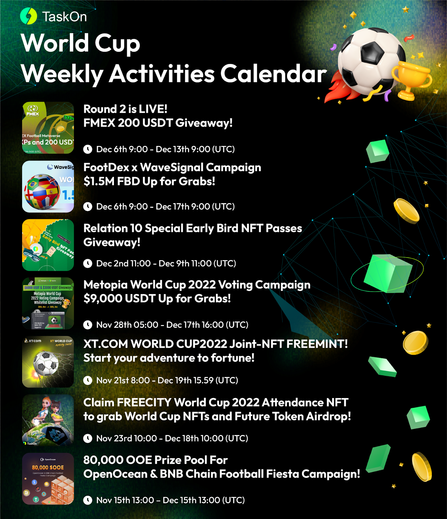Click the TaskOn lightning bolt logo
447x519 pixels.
pyautogui.click(x=29, y=16)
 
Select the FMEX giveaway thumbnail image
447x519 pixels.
pyautogui.click(x=48, y=128)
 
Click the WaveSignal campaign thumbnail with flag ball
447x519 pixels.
pyautogui.click(x=48, y=187)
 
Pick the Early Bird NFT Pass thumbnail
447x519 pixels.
pyautogui.click(x=48, y=245)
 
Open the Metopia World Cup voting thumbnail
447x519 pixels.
pyautogui.click(x=48, y=303)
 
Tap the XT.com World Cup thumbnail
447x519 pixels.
pyautogui.click(x=48, y=362)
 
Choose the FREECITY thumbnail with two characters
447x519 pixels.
pyautogui.click(x=48, y=420)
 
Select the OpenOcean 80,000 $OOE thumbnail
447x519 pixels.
pyautogui.click(x=48, y=479)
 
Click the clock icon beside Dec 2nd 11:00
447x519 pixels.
pyautogui.click(x=88, y=263)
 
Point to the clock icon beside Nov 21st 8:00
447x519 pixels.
pyautogui.click(x=88, y=380)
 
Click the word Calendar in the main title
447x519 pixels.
pyautogui.click(x=273, y=74)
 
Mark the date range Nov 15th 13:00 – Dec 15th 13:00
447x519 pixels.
pyautogui.click(x=170, y=500)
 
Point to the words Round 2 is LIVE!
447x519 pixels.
pyautogui.click(x=125, y=109)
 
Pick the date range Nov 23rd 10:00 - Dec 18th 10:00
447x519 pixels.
pyautogui.click(x=172, y=439)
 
